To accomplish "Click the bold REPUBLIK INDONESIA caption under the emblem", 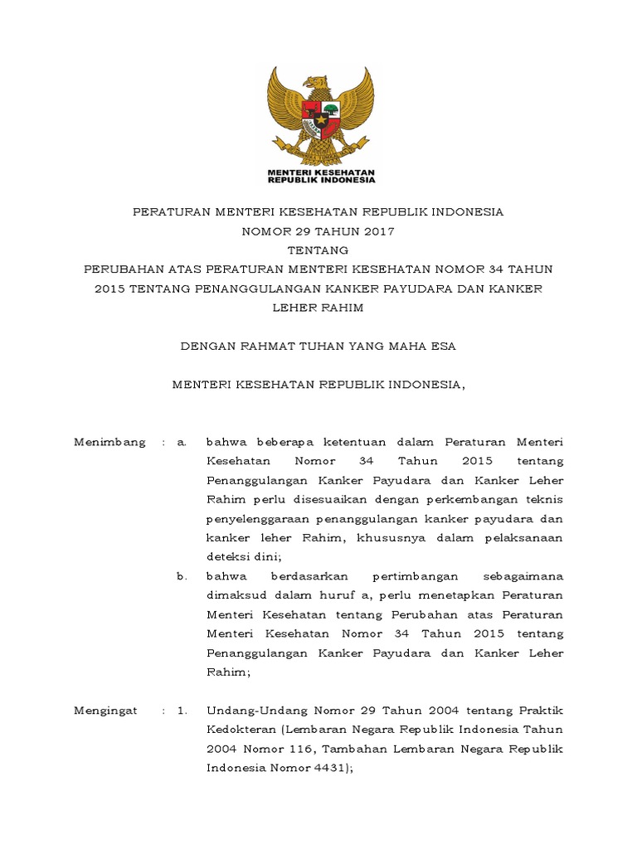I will pyautogui.click(x=320, y=178).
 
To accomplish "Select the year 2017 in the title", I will pyautogui.click(x=377, y=231).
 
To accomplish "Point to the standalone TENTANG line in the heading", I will pyautogui.click(x=318, y=250).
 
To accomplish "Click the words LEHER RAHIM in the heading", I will pyautogui.click(x=318, y=308).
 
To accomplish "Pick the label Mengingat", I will pyautogui.click(x=106, y=711).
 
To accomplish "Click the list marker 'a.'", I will pyautogui.click(x=182, y=442).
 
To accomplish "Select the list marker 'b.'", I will pyautogui.click(x=182, y=576).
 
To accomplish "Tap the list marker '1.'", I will pyautogui.click(x=182, y=711).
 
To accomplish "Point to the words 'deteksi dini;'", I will pyautogui.click(x=244, y=557).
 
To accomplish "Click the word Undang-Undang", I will pyautogui.click(x=248, y=711).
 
